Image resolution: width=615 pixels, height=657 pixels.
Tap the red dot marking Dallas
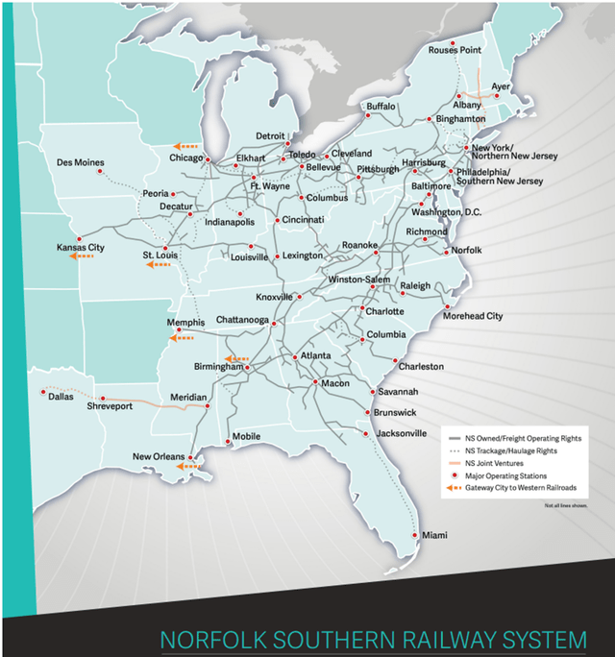tap(43, 392)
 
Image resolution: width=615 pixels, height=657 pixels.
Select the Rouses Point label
tap(455, 50)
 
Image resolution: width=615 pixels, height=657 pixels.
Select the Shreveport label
tap(132, 405)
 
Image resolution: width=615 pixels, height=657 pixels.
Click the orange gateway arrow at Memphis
tap(181, 337)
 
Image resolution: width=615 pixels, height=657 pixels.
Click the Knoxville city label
tap(273, 297)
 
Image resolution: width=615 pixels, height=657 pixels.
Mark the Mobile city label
tap(246, 436)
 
